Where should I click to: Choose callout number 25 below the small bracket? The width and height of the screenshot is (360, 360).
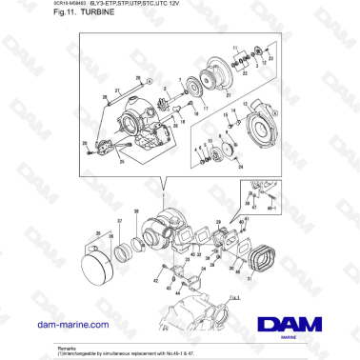[121, 163]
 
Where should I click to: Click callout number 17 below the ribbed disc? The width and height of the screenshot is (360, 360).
[202, 110]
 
